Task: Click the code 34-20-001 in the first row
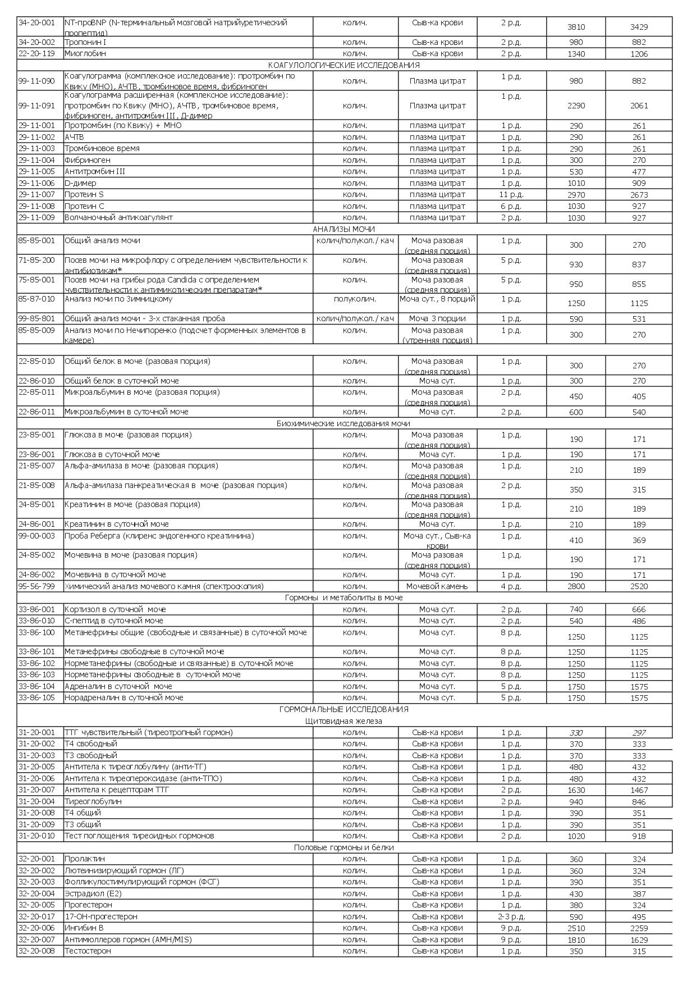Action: click(x=36, y=22)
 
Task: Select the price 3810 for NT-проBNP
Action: click(x=576, y=27)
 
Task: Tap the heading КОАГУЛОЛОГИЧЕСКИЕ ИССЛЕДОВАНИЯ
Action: click(x=344, y=65)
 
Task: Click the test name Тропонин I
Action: click(x=85, y=42)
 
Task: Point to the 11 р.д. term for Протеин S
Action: click(x=511, y=194)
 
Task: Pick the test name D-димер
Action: click(x=80, y=183)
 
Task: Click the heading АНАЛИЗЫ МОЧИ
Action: click(x=344, y=229)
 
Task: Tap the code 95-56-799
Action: click(x=36, y=586)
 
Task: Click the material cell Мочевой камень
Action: click(x=437, y=586)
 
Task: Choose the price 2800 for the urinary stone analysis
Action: click(x=576, y=586)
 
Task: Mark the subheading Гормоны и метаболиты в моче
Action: click(x=344, y=598)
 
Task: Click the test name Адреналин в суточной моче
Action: click(x=118, y=686)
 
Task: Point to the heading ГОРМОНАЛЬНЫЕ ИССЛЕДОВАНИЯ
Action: click(x=344, y=709)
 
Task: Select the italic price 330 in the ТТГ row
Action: click(x=576, y=733)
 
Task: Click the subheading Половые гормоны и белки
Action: click(x=344, y=847)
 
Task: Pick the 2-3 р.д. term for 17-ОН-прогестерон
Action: click(x=511, y=916)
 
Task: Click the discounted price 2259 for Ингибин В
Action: click(x=639, y=928)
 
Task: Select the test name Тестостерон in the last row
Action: click(x=88, y=951)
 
